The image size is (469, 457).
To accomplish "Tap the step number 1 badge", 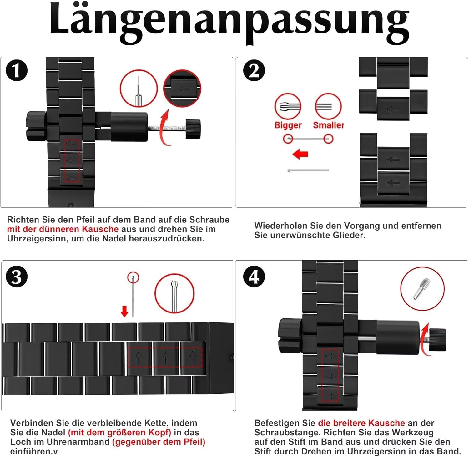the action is pos(17,70).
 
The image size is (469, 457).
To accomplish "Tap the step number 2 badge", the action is pos(254,70).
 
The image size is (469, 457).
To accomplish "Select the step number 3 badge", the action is pos(17,277).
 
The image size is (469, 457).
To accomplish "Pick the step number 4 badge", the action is pos(254,277).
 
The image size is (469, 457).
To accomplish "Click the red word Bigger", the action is pos(288,125).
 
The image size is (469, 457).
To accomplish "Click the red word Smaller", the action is pos(328,125).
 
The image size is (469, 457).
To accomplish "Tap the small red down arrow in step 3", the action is pos(124,312).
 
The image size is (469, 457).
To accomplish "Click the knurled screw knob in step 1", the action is pos(193,129).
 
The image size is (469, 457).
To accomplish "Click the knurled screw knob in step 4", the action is pos(438,340).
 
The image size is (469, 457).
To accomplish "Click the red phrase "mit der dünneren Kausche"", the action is pos(63,229).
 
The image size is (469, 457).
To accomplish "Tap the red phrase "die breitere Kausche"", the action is pos(361,423).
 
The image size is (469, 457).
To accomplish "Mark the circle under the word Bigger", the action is pos(288,139).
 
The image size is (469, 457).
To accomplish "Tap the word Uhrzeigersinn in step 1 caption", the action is pos(38,239).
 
